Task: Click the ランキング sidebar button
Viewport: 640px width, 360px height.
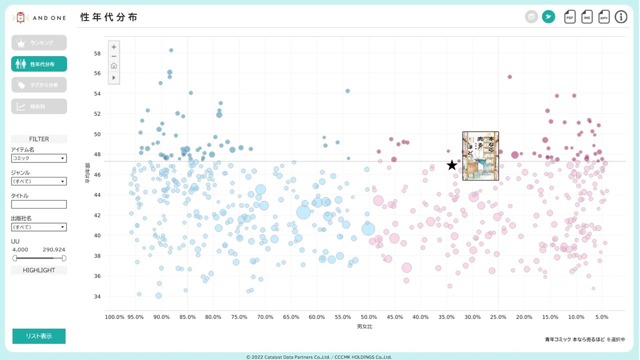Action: click(x=39, y=43)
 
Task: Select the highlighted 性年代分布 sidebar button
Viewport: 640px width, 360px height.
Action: click(x=39, y=64)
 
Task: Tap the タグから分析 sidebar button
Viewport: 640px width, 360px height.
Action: click(x=39, y=85)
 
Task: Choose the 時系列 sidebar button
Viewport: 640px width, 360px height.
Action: click(x=39, y=106)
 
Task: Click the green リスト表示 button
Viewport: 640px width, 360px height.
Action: click(x=39, y=336)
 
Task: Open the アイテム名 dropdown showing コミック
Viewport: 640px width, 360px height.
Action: click(x=39, y=158)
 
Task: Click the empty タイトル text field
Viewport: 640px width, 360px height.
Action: click(x=39, y=204)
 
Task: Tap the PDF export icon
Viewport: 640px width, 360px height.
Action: click(x=570, y=17)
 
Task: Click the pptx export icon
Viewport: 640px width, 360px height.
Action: click(x=604, y=17)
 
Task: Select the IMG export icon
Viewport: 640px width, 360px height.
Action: click(x=587, y=17)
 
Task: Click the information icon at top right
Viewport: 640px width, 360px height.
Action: click(x=621, y=17)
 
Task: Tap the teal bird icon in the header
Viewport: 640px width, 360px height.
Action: click(x=548, y=17)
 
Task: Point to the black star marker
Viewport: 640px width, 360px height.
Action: click(x=452, y=165)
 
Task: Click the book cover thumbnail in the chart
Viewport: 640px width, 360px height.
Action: click(x=480, y=156)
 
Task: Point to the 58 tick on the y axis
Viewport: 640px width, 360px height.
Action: click(x=97, y=53)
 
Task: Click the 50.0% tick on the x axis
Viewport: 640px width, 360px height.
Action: click(x=368, y=317)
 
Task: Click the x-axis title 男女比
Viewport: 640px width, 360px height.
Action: click(x=364, y=326)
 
